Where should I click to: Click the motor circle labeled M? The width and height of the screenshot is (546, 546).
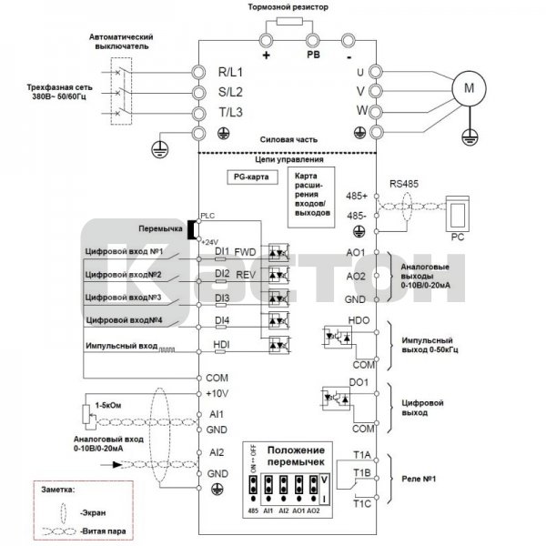tap(470, 88)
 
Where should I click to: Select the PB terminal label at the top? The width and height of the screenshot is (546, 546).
tap(312, 53)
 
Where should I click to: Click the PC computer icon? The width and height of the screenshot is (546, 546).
tap(457, 215)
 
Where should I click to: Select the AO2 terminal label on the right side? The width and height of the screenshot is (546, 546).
tap(356, 275)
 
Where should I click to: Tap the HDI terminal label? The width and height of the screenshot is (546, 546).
tap(222, 344)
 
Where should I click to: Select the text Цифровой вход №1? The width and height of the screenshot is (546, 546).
tap(125, 250)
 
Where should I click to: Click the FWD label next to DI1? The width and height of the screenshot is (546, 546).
tap(245, 250)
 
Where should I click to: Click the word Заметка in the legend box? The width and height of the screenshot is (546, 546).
tap(60, 488)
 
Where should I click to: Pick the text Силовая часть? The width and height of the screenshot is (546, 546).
tap(289, 140)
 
